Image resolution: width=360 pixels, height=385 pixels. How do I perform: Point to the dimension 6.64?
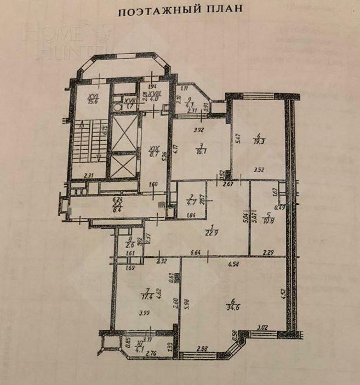click(198, 252)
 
